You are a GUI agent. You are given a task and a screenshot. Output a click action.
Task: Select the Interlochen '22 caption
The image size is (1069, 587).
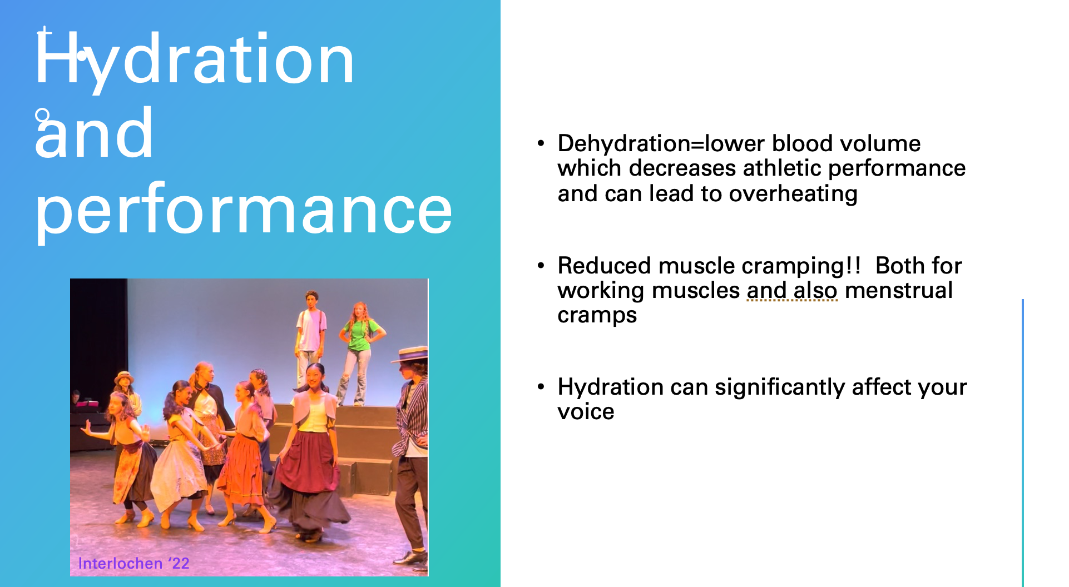133,563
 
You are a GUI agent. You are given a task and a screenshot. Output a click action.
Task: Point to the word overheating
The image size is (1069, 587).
793,194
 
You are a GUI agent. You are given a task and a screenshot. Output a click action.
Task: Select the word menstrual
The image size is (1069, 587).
899,290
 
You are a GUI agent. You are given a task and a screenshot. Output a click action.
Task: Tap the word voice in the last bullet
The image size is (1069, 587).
586,412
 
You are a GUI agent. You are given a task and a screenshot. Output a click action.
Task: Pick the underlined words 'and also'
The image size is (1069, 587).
792,290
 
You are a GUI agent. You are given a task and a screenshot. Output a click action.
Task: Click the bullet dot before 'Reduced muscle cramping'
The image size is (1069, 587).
541,266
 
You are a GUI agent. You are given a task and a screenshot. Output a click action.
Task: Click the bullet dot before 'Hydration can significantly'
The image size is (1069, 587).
541,387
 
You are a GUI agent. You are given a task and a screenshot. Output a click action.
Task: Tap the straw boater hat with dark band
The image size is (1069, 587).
410,354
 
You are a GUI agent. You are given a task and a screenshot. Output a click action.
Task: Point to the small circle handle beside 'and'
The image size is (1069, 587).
42,116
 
